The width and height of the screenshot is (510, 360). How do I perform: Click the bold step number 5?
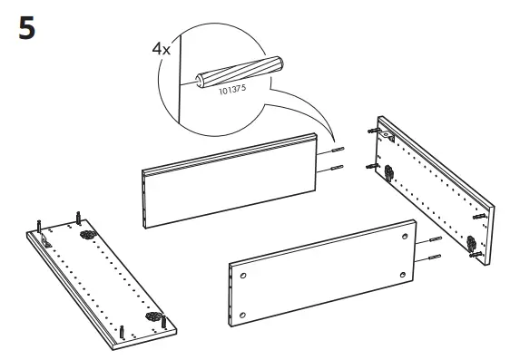coord(27,30)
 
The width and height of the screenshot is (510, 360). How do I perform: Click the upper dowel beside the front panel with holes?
coord(432,241)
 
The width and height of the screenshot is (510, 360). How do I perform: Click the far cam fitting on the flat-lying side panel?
coord(90,235)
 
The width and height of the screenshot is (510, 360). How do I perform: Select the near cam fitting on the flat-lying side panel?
coord(152,322)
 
